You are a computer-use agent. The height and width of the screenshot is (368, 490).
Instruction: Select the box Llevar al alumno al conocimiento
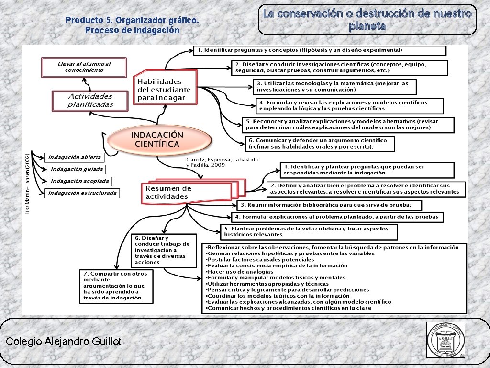pyautogui.click(x=84, y=67)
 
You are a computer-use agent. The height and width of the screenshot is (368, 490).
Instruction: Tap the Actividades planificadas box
pyautogui.click(x=90, y=101)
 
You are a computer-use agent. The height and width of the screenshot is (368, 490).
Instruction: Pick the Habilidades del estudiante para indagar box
pyautogui.click(x=165, y=89)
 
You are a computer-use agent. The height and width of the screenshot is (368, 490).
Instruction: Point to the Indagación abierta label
pyautogui.click(x=75, y=157)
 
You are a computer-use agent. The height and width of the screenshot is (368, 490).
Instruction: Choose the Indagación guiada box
pyautogui.click(x=77, y=169)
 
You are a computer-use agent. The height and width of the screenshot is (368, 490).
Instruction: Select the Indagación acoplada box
pyautogui.click(x=79, y=181)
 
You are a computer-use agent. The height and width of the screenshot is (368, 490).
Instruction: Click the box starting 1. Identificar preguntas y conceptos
pyautogui.click(x=320, y=50)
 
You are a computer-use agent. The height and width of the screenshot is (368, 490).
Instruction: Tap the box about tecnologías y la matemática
pyautogui.click(x=334, y=87)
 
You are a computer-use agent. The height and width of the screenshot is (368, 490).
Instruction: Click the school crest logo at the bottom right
pyautogui.click(x=445, y=339)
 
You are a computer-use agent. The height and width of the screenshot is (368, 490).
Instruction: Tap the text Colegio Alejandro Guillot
pyautogui.click(x=64, y=341)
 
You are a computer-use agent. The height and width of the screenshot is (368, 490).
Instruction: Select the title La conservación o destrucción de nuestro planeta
pyautogui.click(x=367, y=20)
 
